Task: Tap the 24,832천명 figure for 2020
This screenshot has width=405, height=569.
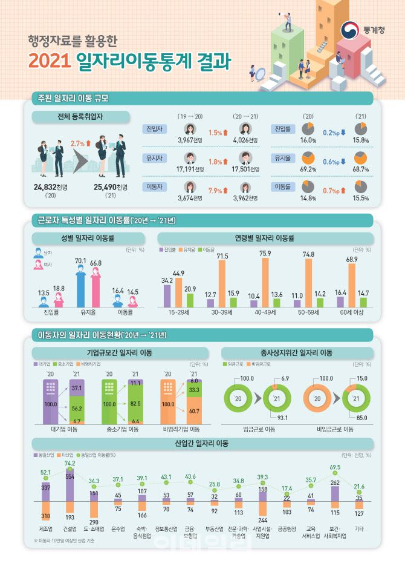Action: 46,187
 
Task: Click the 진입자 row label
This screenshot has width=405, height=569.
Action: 153,130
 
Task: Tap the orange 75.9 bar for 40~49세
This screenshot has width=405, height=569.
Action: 265,283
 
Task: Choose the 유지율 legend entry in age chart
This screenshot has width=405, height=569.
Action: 190,249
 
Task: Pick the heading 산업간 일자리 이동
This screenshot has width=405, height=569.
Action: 202,444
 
